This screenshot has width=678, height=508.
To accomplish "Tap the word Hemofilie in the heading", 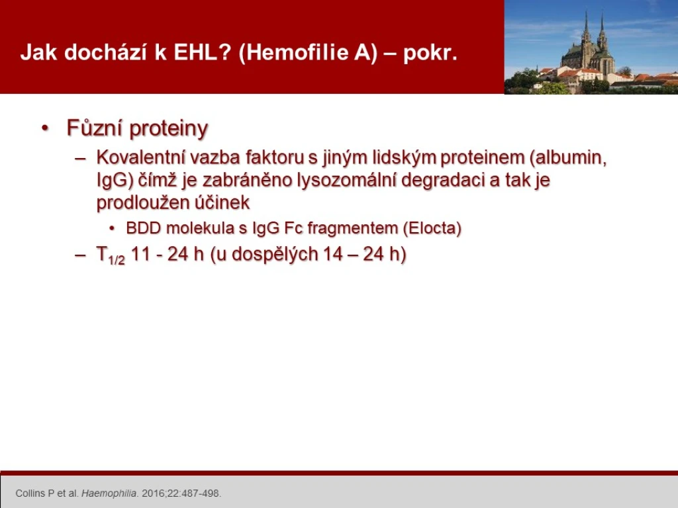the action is pyautogui.click(x=299, y=52).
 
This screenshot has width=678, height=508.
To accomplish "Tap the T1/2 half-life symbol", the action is pyautogui.click(x=111, y=255).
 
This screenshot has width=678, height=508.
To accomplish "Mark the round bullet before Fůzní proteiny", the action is pyautogui.click(x=45, y=128).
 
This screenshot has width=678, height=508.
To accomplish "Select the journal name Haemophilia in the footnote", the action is pyautogui.click(x=109, y=493).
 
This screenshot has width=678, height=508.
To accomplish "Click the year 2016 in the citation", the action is pyautogui.click(x=150, y=493).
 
